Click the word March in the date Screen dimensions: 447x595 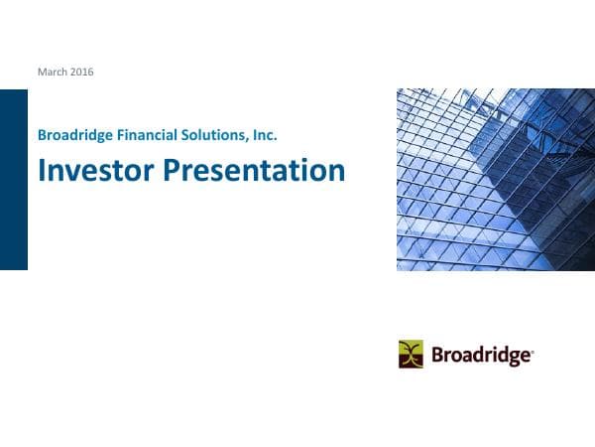click(x=52, y=72)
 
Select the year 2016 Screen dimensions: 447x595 click(x=81, y=72)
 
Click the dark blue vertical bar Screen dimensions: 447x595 click(x=14, y=179)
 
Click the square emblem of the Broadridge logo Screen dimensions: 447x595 click(x=411, y=354)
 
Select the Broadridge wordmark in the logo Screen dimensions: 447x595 click(x=481, y=355)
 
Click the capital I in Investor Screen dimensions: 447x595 click(x=42, y=171)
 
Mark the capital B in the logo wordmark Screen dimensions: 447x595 click(x=437, y=354)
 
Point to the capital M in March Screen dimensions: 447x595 click(x=41, y=72)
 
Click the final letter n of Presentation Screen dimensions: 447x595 click(x=337, y=174)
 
